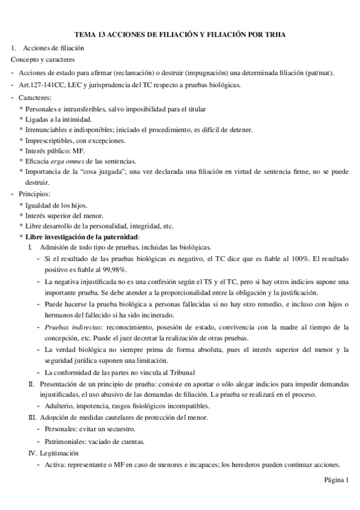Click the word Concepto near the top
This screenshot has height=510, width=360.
[x=25, y=60]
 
